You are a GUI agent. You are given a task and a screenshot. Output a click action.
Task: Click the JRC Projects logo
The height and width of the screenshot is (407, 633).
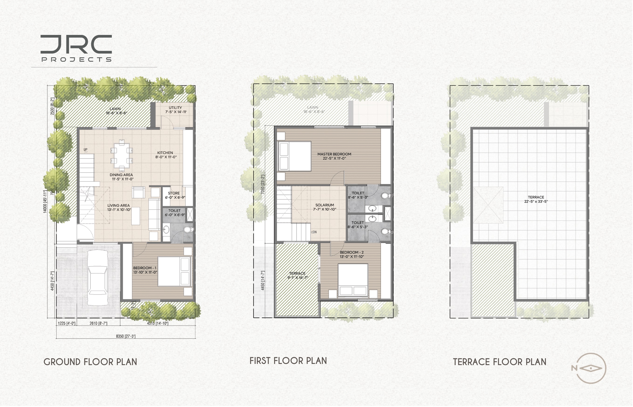[x=76, y=48]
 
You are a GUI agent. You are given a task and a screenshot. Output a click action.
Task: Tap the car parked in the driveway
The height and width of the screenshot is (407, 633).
[x=98, y=278]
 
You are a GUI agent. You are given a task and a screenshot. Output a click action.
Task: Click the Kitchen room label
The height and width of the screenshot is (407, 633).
[x=165, y=155]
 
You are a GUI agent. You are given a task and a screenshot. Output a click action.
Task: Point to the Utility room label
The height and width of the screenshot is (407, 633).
[x=176, y=110]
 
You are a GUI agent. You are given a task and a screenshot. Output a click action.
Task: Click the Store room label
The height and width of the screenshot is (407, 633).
[x=174, y=195]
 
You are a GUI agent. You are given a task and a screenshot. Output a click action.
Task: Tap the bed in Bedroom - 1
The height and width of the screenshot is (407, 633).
[x=174, y=271]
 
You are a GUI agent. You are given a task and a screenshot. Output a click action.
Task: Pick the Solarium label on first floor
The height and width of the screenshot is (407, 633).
[x=325, y=207]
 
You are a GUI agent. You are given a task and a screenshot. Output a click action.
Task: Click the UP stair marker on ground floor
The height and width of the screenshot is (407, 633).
[x=86, y=150]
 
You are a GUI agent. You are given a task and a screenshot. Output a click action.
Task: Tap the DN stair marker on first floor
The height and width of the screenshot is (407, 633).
[x=314, y=232]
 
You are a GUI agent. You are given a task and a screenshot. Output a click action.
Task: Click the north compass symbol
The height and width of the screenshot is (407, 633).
[x=591, y=368]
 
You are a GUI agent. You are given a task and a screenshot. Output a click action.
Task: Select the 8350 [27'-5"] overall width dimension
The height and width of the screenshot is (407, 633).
[x=126, y=336]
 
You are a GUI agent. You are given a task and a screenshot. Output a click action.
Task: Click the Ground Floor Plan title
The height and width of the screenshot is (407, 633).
[x=90, y=362]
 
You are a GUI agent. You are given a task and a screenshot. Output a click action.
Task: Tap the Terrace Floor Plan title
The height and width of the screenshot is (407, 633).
[x=500, y=362]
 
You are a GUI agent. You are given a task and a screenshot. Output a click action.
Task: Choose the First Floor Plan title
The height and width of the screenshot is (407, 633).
[x=288, y=361]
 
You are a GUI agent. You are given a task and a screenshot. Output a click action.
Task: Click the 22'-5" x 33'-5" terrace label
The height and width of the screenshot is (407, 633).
[x=536, y=199]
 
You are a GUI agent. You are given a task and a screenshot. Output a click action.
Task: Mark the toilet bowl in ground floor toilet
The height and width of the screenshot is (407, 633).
[x=188, y=229]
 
